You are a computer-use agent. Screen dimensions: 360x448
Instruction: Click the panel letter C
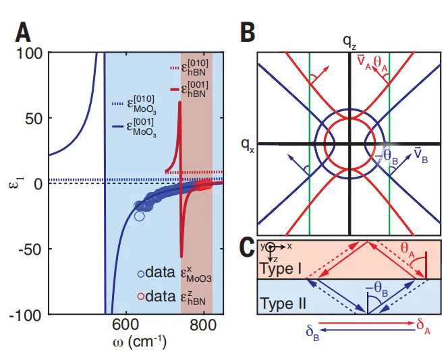[x=248, y=248]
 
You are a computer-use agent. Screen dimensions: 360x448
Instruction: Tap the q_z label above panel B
[x=348, y=42]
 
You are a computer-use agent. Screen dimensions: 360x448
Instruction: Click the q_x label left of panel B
[x=247, y=144]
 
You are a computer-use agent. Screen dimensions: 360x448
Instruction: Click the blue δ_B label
[x=312, y=332]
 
